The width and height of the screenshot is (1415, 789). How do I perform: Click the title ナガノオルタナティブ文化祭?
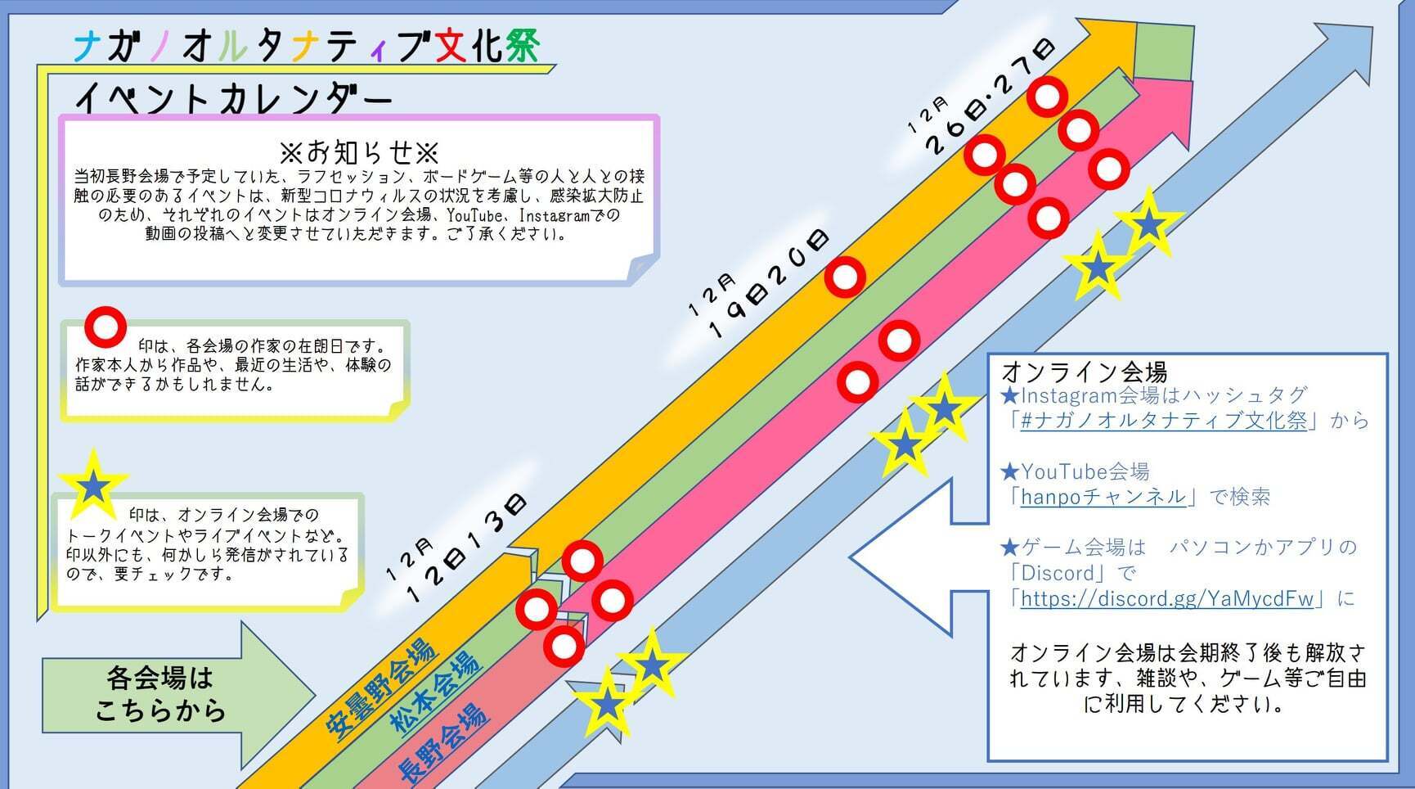(307, 47)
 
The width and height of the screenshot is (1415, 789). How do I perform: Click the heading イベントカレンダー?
(234, 99)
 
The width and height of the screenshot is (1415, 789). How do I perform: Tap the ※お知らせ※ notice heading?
(359, 152)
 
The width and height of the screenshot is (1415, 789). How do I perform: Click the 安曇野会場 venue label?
(380, 689)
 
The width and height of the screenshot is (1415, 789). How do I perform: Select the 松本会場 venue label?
(433, 692)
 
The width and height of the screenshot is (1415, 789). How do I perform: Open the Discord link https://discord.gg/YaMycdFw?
(1167, 598)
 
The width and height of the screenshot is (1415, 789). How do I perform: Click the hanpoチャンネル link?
(1103, 497)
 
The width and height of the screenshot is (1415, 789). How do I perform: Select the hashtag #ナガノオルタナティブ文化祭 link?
(1164, 421)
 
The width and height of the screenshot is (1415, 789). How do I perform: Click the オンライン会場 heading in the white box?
(1085, 372)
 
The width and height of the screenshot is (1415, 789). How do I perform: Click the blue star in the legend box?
(93, 486)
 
